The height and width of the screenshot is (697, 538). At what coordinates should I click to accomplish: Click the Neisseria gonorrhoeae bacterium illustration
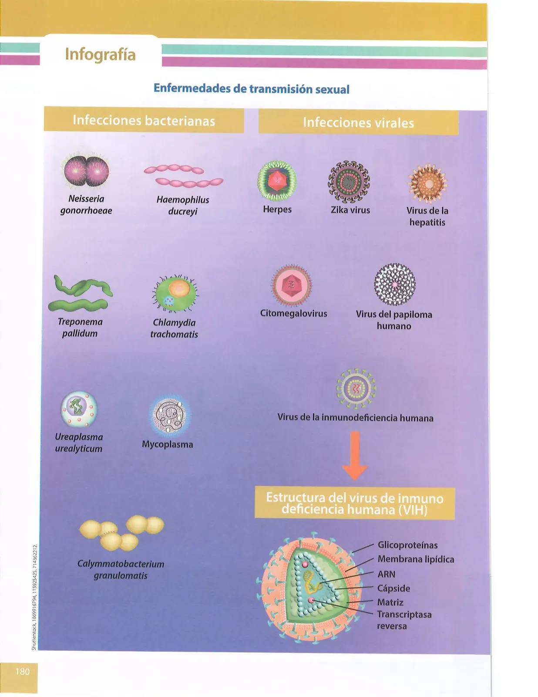pos(86,170)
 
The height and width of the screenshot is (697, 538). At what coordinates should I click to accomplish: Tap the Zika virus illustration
pos(349,182)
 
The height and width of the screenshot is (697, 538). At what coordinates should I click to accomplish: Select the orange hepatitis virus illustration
pos(427,184)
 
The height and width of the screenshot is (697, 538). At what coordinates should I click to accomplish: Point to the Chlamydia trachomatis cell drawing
pos(175,294)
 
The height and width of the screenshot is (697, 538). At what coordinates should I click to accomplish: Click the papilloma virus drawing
pos(395,284)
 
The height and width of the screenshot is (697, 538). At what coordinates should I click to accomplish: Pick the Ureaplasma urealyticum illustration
pos(79,409)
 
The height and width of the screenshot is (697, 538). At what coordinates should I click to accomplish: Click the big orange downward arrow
pos(355,456)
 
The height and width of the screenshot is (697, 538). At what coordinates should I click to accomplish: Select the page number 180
pos(23,671)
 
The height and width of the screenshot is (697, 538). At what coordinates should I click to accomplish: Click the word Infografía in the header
pos(100,54)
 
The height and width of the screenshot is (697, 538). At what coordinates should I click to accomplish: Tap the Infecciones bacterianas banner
pos(144,120)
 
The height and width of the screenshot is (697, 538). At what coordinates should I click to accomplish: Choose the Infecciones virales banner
pos(359,122)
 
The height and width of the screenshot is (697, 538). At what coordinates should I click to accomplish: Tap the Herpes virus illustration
pos(277,181)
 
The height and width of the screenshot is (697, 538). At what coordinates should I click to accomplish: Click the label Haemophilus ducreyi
pos(183,206)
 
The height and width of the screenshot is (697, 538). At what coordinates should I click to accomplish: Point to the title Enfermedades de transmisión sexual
pos(251,88)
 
